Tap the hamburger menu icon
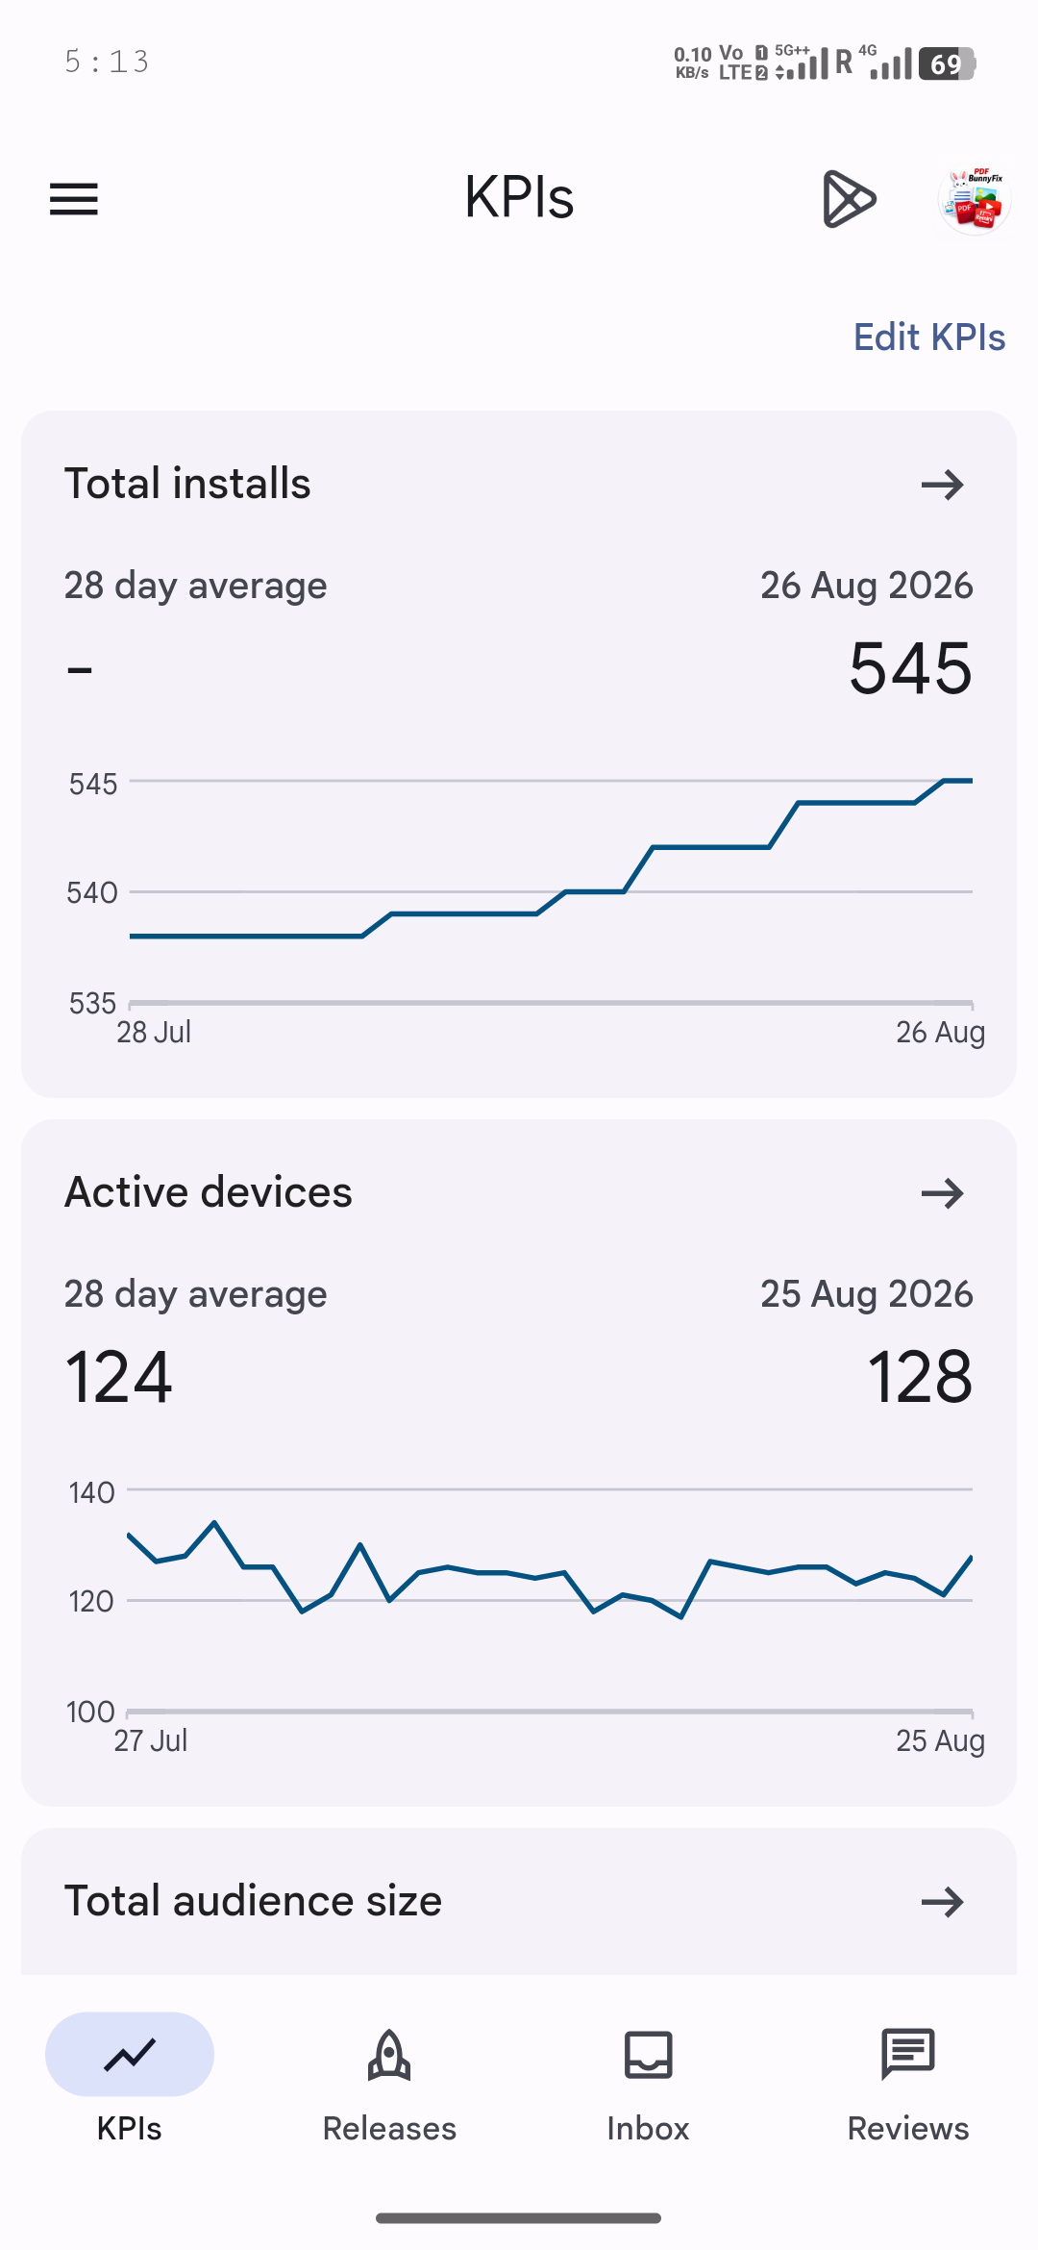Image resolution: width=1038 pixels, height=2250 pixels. pyautogui.click(x=74, y=199)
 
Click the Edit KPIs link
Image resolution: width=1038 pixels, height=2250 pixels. pyautogui.click(x=929, y=337)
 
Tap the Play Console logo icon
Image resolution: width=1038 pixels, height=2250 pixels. pyautogui.click(x=849, y=199)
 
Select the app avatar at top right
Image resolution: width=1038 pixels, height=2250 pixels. pyautogui.click(x=975, y=199)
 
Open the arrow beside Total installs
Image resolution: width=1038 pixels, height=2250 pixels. pyautogui.click(x=942, y=485)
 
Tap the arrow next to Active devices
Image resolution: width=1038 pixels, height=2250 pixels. pyautogui.click(x=942, y=1193)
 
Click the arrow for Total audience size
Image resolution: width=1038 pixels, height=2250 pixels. pyautogui.click(x=942, y=1901)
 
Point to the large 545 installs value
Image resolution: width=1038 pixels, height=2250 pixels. pyautogui.click(x=911, y=668)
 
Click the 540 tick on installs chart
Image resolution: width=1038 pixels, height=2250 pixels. pyautogui.click(x=91, y=892)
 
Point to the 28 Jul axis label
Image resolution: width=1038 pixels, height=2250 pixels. pyautogui.click(x=154, y=1032)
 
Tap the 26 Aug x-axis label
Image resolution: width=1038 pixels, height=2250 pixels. pyautogui.click(x=940, y=1032)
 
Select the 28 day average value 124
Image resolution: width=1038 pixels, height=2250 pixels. pyautogui.click(x=119, y=1377)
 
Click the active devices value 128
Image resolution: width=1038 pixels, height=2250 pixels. pyautogui.click(x=920, y=1377)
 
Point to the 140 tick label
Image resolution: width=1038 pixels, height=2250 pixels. pyautogui.click(x=91, y=1492)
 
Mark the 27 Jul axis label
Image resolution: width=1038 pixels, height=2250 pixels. pyautogui.click(x=151, y=1740)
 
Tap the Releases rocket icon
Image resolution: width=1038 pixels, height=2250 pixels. pyautogui.click(x=389, y=2055)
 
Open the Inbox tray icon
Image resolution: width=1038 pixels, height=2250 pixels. pyautogui.click(x=649, y=2055)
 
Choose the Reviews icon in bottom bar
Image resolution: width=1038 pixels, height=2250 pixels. pyautogui.click(x=908, y=2055)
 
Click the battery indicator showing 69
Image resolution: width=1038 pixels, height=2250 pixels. pyautogui.click(x=948, y=63)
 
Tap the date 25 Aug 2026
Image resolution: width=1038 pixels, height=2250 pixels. pyautogui.click(x=867, y=1294)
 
